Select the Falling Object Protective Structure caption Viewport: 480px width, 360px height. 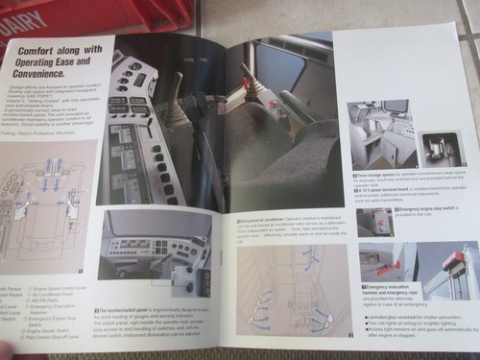43,135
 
